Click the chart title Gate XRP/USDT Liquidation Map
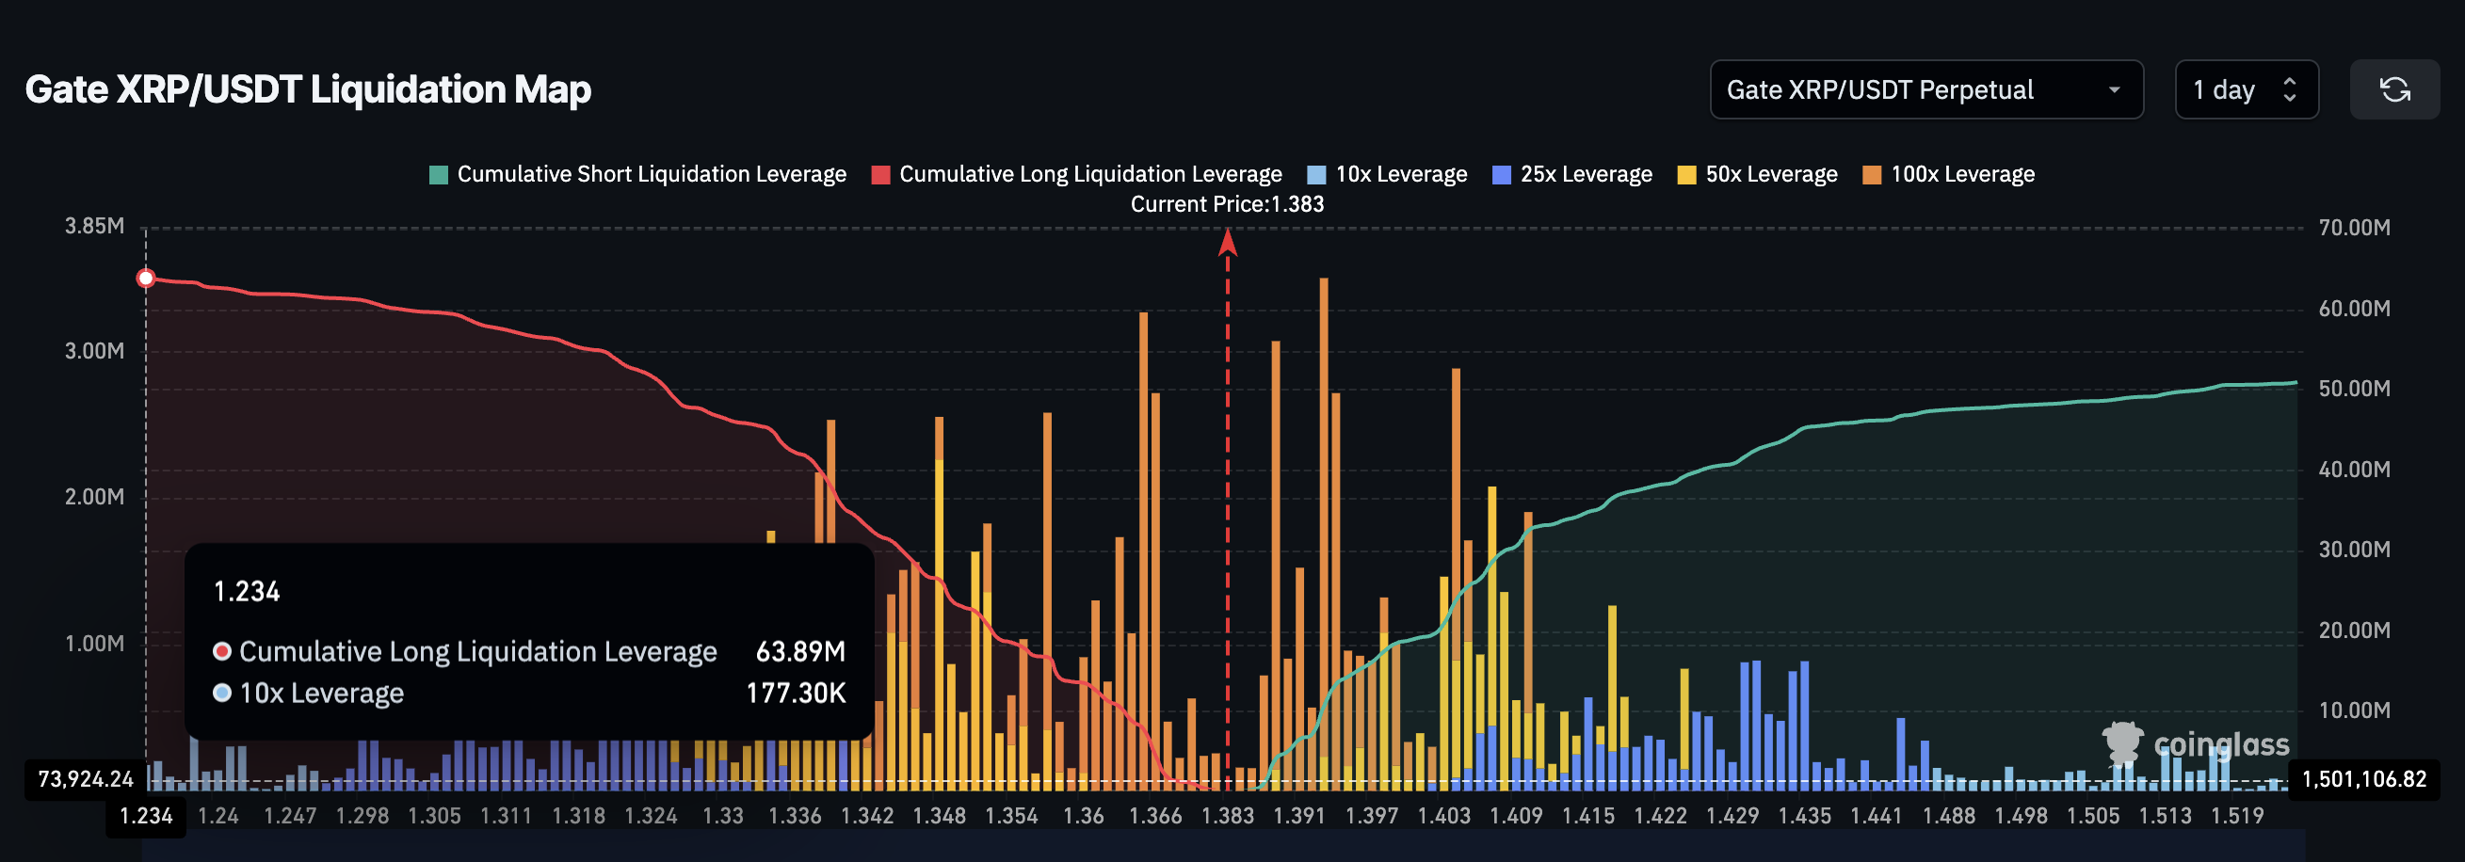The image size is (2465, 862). (x=307, y=89)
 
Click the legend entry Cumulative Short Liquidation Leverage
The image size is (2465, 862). (x=638, y=174)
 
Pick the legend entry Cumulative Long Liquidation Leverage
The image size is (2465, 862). (x=1076, y=174)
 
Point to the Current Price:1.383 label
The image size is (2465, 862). (x=1227, y=204)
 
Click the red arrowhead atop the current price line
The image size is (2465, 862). (x=1228, y=243)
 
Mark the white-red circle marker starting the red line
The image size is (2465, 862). (x=145, y=279)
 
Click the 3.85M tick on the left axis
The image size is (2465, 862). (x=94, y=226)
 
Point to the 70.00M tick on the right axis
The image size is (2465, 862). (x=2353, y=228)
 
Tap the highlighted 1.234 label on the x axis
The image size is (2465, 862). (x=145, y=816)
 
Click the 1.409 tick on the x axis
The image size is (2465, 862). (x=1516, y=816)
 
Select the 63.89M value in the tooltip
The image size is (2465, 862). (x=800, y=651)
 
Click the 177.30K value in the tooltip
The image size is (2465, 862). (x=796, y=693)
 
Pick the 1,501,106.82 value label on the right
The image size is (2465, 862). (x=2362, y=779)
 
